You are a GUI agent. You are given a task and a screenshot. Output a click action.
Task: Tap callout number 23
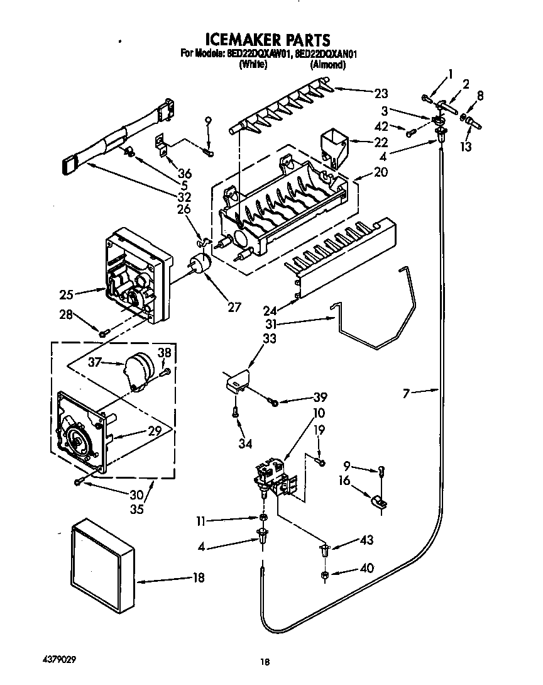click(x=381, y=94)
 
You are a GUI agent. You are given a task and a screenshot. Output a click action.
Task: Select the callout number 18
click(x=199, y=578)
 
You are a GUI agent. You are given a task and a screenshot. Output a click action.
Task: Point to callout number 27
click(x=234, y=308)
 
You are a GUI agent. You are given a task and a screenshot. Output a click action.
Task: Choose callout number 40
click(x=366, y=569)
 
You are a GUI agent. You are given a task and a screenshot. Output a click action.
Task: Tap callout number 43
click(x=366, y=540)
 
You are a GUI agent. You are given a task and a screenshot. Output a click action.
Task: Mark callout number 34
click(x=245, y=444)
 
